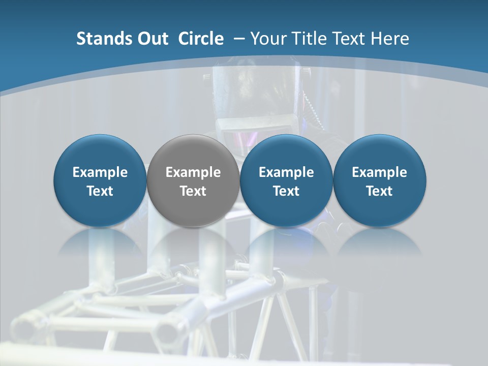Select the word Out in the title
click(x=150, y=39)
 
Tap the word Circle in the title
click(x=201, y=39)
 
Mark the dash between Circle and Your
click(x=239, y=39)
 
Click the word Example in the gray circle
click(x=193, y=172)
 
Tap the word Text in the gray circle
click(x=193, y=191)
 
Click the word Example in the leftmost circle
click(x=100, y=172)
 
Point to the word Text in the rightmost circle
click(x=380, y=191)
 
